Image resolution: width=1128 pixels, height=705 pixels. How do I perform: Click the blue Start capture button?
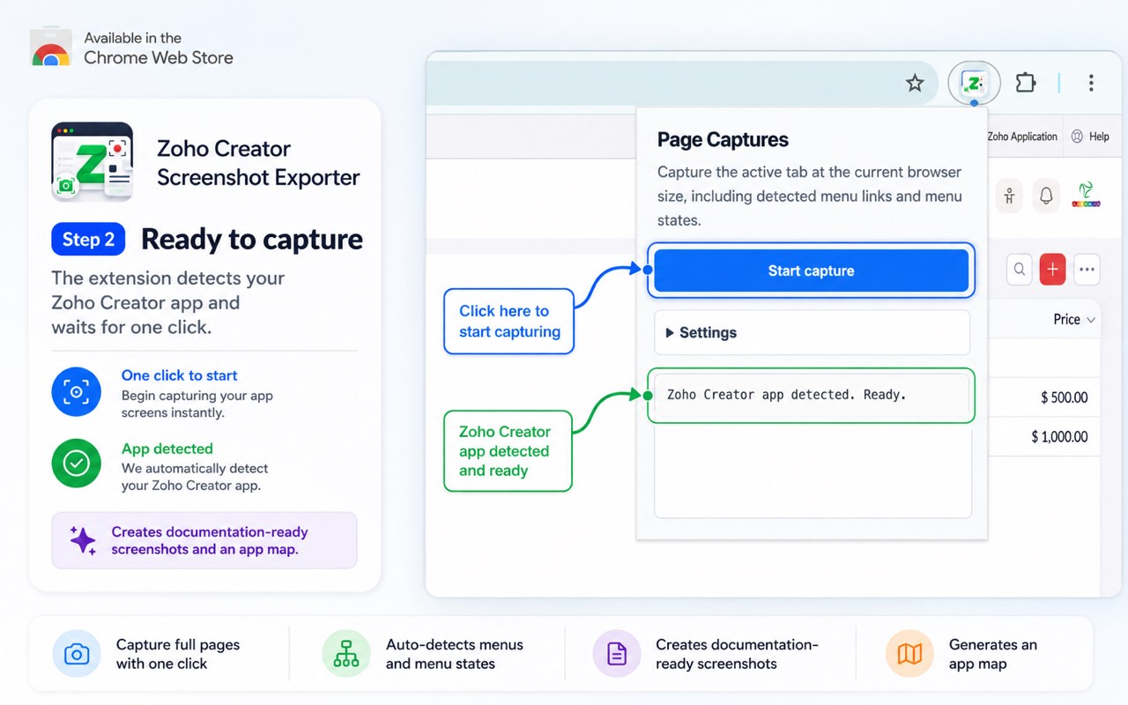pos(811,271)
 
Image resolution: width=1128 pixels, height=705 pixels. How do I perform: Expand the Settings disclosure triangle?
pos(669,332)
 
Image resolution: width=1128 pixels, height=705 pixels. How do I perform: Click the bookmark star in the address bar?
pos(915,83)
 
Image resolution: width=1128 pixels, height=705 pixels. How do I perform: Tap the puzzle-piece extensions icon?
pos(1025,83)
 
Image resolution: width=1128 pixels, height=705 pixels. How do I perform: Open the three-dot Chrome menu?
pos(1091,83)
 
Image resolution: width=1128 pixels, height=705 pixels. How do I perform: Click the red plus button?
pos(1052,270)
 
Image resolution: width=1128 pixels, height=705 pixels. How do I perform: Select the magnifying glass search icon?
pos(1020,270)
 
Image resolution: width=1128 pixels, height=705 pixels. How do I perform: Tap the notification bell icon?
pos(1046,196)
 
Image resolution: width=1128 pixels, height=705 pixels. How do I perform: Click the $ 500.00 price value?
pos(1064,397)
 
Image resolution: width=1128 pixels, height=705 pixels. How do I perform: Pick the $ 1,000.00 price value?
pos(1059,436)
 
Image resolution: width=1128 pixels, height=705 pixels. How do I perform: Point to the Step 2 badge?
pos(88,239)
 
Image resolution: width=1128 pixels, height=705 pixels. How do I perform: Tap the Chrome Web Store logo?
pos(50,47)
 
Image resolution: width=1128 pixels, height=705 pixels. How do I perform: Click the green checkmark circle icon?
pos(76,464)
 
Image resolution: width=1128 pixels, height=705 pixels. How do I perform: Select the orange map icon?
pos(909,654)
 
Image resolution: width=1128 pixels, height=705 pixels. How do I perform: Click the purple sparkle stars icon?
pos(83,540)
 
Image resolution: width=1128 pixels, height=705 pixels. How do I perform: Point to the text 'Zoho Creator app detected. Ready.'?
pos(787,395)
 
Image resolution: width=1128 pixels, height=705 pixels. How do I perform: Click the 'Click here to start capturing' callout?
pos(508,322)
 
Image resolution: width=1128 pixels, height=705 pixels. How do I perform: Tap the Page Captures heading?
pos(723,139)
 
